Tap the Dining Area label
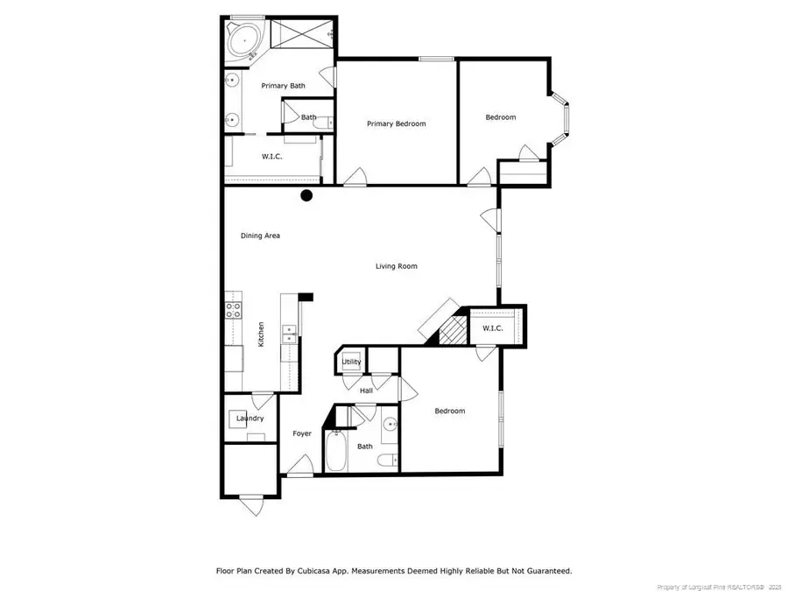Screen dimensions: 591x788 [260, 236]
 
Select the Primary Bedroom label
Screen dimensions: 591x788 [396, 124]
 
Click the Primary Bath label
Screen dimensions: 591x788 [284, 86]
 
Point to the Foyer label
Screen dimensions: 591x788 [302, 433]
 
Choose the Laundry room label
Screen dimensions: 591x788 [250, 419]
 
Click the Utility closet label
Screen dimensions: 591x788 [351, 362]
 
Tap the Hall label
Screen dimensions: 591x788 [366, 390]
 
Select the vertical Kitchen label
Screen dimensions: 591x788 [260, 335]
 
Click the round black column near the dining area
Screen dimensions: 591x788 [306, 195]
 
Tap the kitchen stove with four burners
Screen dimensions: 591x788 [233, 310]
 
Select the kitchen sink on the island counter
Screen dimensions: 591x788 [288, 334]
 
